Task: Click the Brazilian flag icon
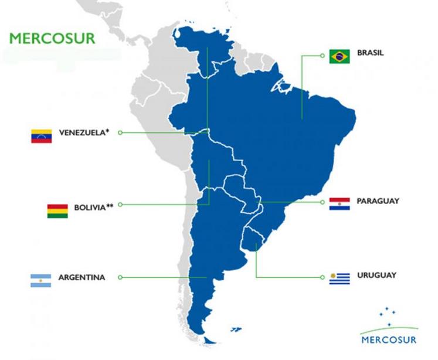pos(339,56)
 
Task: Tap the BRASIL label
pos(371,53)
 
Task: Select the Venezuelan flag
pos(42,135)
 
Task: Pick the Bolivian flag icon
pos(57,210)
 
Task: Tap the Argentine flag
pos(41,280)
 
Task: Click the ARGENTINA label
pos(82,277)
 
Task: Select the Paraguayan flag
pos(339,204)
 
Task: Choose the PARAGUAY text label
pos(378,201)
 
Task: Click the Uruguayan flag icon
pos(339,279)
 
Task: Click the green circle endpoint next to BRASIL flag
pos(322,56)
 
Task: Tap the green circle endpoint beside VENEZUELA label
pos(120,133)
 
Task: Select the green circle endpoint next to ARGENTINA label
pos(120,277)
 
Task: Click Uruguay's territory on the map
pos(253,239)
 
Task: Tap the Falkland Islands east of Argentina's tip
pos(235,330)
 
